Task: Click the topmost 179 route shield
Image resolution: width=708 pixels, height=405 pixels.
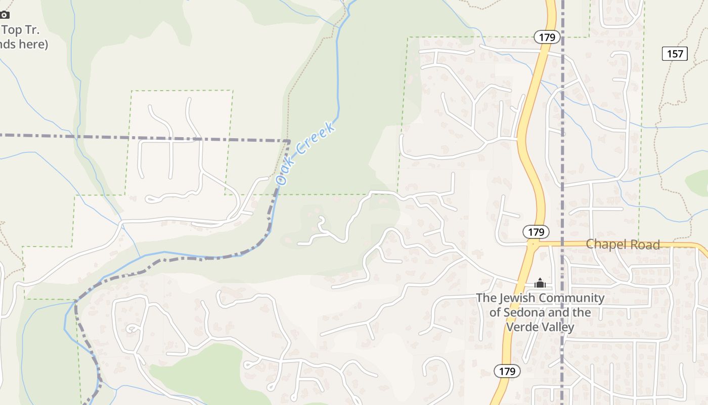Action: tap(547, 37)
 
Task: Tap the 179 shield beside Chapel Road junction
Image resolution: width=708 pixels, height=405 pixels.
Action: tap(536, 232)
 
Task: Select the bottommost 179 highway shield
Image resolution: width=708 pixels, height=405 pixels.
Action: tap(507, 371)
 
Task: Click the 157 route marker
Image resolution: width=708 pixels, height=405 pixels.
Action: tap(675, 53)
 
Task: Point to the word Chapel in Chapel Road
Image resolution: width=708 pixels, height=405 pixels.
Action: tap(605, 245)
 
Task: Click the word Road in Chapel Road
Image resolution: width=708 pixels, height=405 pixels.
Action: tap(644, 245)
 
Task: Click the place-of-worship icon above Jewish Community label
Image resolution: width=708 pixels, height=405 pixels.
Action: tap(540, 283)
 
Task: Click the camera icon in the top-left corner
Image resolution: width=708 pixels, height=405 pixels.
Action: tap(4, 15)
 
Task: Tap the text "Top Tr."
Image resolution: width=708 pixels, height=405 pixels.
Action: tap(20, 29)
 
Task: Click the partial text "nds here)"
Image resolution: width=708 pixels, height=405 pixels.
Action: tap(24, 44)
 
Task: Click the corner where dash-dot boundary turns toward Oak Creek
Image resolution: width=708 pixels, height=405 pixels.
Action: tap(289, 140)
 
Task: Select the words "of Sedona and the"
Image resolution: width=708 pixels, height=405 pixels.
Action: tap(540, 312)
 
